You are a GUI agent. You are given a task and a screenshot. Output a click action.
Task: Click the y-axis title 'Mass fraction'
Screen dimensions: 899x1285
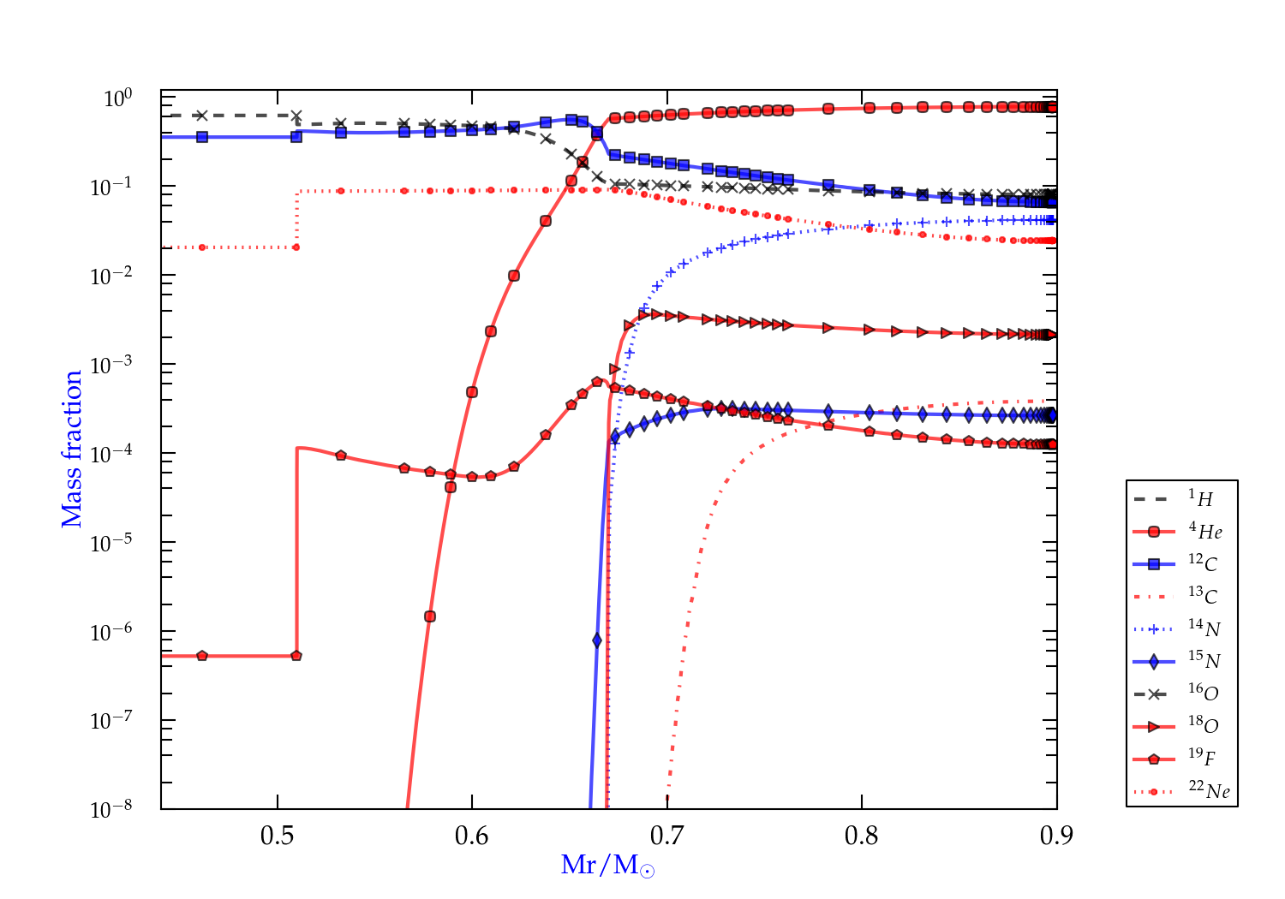72,449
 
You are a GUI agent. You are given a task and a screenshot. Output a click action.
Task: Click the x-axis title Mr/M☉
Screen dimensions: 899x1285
607,866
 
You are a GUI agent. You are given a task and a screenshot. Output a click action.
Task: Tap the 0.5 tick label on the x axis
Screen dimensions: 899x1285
278,836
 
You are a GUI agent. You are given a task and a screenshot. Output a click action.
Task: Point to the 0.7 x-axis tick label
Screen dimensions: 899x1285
666,836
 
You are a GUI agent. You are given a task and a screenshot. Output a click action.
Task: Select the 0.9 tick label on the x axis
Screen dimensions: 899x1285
1055,836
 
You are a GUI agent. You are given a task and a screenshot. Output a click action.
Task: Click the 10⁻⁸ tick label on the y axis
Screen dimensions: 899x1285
111,809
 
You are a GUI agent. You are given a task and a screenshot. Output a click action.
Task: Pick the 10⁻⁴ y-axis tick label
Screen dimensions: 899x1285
111,454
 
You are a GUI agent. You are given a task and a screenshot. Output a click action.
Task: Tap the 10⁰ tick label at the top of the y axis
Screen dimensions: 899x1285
117,98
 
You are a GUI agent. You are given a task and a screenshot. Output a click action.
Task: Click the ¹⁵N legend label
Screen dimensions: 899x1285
1204,661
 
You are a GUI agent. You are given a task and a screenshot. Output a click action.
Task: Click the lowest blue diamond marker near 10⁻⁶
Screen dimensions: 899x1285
597,640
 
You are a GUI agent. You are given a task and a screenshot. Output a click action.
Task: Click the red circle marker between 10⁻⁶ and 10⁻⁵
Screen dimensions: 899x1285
430,616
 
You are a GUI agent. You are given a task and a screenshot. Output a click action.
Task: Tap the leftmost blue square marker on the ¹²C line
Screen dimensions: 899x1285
202,137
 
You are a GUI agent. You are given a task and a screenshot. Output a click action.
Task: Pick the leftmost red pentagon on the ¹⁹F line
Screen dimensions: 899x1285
202,656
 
